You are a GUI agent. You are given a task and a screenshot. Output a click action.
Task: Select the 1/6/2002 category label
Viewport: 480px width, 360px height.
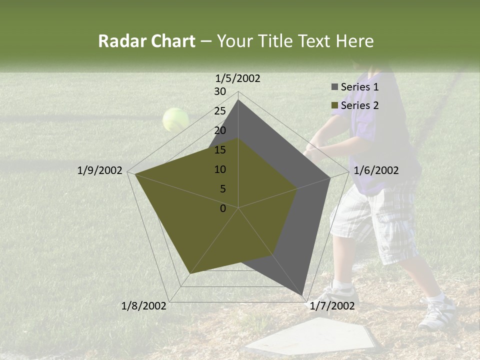point(376,170)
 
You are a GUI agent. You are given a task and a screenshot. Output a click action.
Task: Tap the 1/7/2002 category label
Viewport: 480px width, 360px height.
point(332,306)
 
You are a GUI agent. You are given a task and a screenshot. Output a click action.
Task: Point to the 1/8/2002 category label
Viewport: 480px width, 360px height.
point(144,306)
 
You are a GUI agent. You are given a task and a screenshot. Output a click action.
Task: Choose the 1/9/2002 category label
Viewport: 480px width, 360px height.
point(100,170)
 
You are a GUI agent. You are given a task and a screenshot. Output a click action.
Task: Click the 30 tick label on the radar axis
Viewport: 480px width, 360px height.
point(220,91)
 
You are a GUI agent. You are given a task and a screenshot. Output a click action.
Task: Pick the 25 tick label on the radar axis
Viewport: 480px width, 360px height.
point(220,111)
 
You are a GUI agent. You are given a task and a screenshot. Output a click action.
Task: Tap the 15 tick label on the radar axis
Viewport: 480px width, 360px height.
point(220,150)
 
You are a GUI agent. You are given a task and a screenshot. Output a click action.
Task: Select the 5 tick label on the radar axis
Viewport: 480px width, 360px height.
point(223,189)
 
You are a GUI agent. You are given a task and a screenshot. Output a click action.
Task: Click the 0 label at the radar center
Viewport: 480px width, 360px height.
point(223,208)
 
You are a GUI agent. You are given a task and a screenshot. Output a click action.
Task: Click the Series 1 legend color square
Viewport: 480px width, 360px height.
point(334,87)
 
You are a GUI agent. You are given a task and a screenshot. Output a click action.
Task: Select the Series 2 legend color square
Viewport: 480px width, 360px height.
point(334,105)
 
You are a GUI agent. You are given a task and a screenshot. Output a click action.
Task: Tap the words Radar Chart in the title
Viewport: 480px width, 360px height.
point(146,41)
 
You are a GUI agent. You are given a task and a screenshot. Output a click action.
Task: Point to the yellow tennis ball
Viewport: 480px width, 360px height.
point(175,119)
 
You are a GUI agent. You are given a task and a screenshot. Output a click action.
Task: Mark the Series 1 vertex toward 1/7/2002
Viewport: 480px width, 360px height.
point(303,295)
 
